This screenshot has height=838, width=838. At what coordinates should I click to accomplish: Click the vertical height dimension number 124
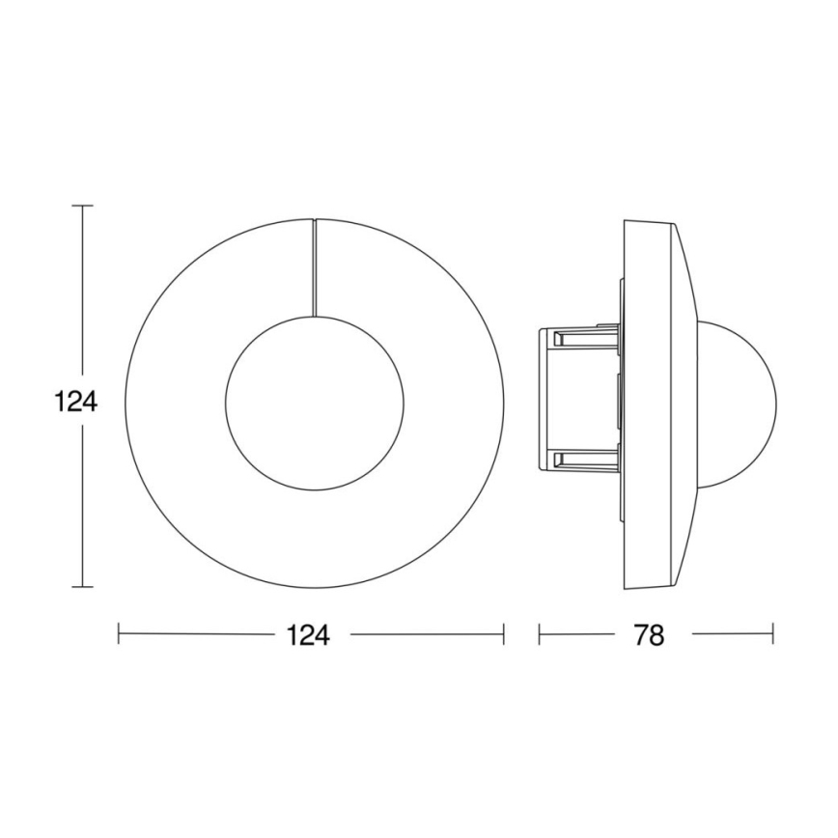coord(74,401)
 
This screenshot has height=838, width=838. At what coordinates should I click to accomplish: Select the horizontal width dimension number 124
coord(309,635)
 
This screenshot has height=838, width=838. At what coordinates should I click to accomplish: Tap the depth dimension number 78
coord(651,635)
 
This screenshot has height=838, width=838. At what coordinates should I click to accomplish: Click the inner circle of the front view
coord(314,401)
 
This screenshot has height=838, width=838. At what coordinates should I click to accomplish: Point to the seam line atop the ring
coord(314,266)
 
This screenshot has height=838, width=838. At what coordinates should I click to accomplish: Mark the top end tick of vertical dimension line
coord(83,206)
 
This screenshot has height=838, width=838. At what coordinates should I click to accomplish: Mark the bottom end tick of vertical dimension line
coord(83,587)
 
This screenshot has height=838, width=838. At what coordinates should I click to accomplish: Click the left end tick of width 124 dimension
coord(119,634)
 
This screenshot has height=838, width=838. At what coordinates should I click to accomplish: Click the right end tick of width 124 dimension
coord(504,634)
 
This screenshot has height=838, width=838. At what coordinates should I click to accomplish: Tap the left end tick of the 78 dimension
coord(539,634)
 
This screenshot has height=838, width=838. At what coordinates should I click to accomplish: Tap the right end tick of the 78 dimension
coord(773,634)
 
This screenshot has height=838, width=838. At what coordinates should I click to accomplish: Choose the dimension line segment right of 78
coord(733,634)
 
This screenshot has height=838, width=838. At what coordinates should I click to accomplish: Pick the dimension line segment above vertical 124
coord(83,290)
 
